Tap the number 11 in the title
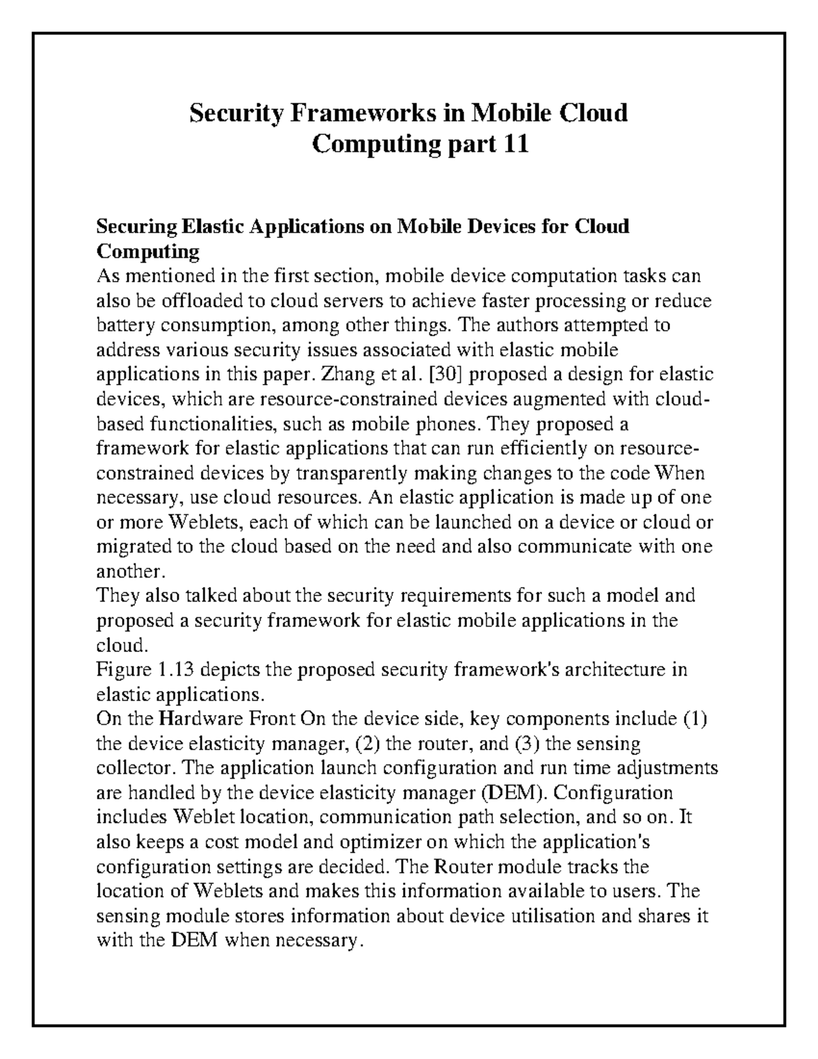(x=515, y=144)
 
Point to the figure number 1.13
(x=177, y=670)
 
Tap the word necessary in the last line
(x=318, y=940)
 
